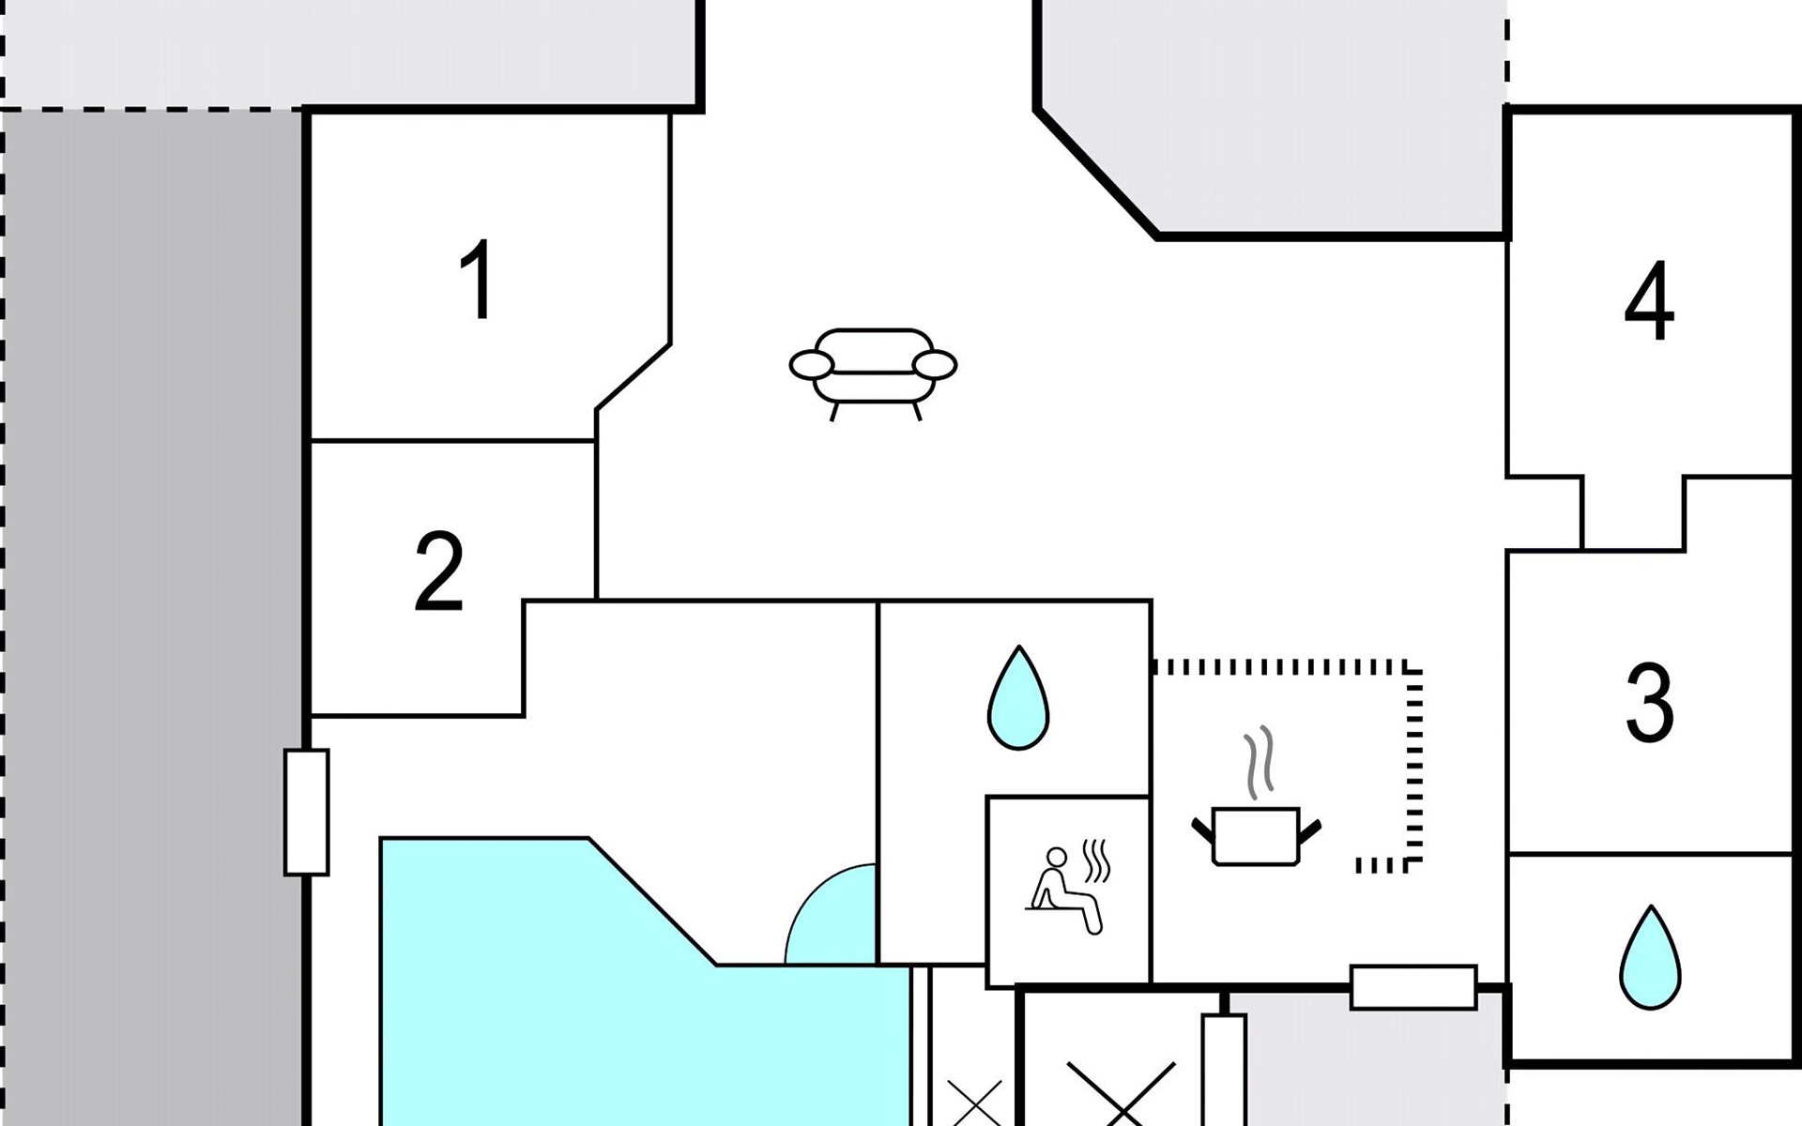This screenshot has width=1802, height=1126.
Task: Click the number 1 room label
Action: click(x=478, y=279)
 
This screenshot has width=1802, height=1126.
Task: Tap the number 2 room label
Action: click(x=438, y=571)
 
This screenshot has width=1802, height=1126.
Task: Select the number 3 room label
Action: click(x=1649, y=703)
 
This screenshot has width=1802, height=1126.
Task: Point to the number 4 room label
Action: click(x=1649, y=301)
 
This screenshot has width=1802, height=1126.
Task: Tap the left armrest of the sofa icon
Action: click(x=812, y=365)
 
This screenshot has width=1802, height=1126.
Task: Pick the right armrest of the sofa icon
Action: click(x=935, y=365)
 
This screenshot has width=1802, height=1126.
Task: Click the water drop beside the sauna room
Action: click(x=1018, y=697)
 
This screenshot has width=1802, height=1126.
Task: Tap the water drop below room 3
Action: click(x=1650, y=957)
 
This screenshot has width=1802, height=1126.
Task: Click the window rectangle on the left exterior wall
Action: click(x=307, y=813)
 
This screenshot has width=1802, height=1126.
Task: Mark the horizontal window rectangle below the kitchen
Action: click(x=1413, y=988)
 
